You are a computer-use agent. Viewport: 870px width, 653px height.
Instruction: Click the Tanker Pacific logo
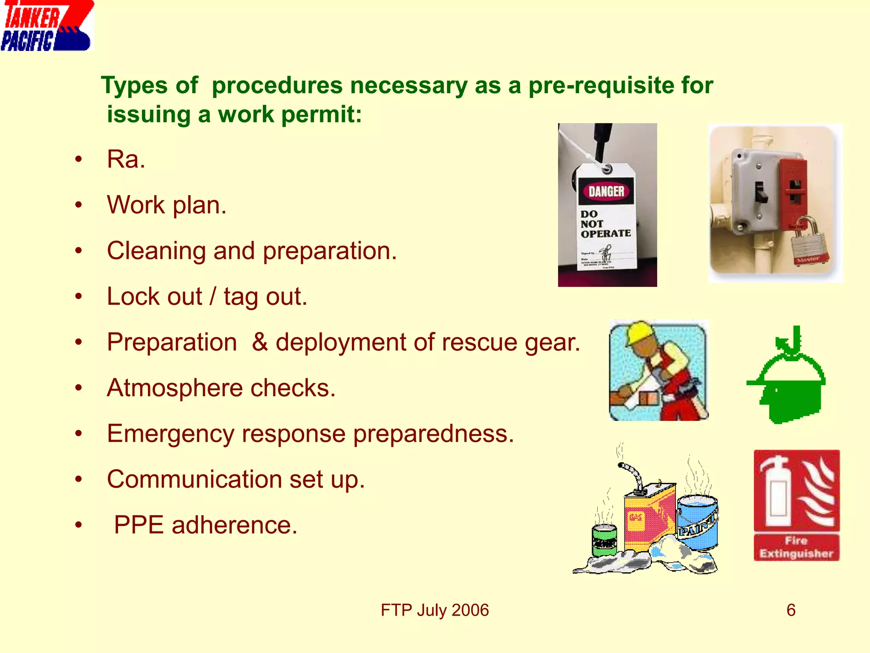pos(47,26)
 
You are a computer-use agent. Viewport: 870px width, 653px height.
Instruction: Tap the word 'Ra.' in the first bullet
pos(126,159)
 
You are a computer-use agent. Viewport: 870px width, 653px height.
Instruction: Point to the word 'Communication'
pos(194,480)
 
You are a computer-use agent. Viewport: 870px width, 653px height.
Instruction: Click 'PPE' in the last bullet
pos(138,525)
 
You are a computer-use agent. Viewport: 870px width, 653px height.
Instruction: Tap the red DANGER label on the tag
pos(606,191)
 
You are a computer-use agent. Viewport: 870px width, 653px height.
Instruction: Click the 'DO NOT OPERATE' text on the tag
pos(605,224)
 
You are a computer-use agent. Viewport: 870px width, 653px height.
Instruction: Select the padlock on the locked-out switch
pos(807,242)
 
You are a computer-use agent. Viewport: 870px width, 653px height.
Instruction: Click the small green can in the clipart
pos(604,540)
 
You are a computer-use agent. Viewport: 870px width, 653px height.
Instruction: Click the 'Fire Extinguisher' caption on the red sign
pos(796,547)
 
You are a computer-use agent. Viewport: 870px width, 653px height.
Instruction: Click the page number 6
pos(791,610)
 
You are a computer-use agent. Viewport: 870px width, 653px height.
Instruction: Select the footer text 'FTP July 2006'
pos(435,610)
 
